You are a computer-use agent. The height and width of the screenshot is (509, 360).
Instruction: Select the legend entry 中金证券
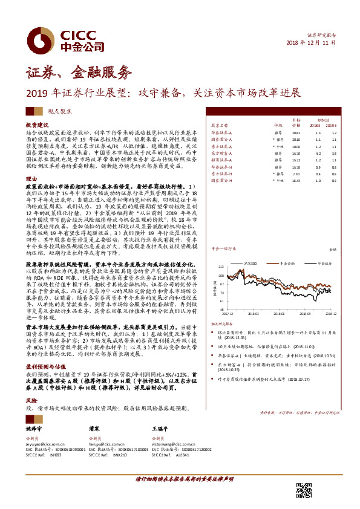[289, 247]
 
